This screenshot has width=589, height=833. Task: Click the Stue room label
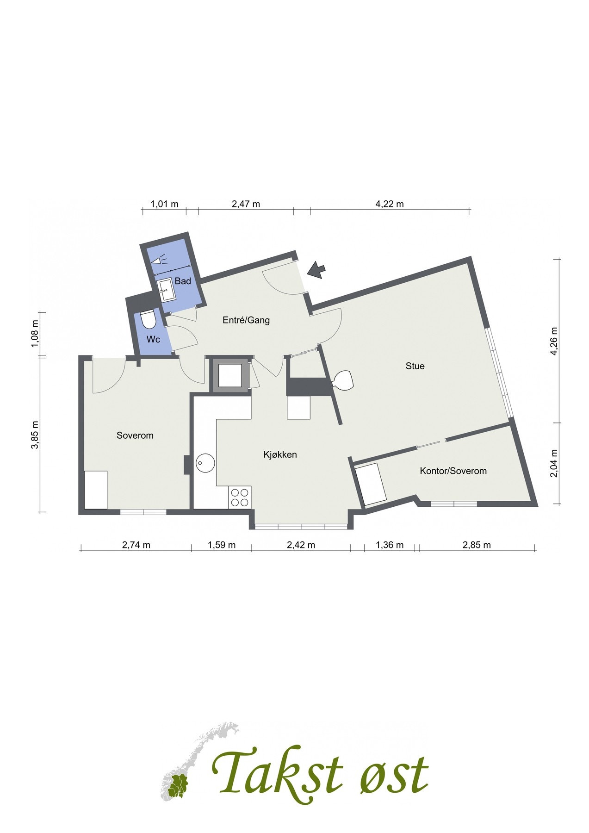415,366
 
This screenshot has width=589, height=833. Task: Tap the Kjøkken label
280,454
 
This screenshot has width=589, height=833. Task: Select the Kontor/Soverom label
453,471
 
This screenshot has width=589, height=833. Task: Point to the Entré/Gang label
246,320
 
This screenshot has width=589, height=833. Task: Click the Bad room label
183,281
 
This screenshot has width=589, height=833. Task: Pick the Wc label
153,339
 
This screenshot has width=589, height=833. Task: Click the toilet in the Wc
148,319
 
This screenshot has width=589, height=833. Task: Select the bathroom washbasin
165,290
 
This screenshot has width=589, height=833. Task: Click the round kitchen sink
205,462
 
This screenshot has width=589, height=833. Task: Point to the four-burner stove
240,497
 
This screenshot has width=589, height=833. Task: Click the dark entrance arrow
316,270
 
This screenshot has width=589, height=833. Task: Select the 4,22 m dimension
390,204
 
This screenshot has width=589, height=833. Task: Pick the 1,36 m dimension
390,545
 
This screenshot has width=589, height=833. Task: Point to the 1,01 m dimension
165,204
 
